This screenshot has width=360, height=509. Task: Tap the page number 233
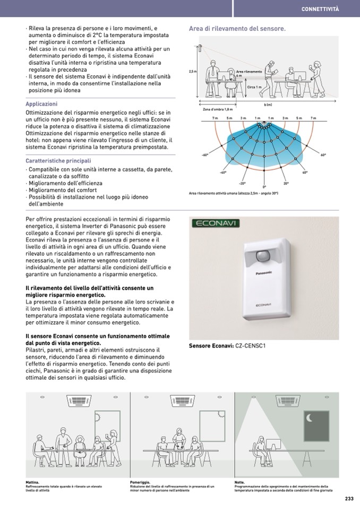pos(348,498)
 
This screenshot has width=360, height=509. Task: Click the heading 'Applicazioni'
pos(41,104)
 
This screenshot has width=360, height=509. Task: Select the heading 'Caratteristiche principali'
pos(58,160)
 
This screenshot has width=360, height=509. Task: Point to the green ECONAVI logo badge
pos(217,223)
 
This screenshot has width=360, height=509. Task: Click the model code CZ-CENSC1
pos(250,346)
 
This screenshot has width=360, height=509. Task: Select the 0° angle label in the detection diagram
pos(264,187)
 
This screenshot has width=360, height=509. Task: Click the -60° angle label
pos(205,155)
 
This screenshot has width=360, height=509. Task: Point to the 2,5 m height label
pos(192,72)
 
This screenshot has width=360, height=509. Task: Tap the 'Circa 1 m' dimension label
pos(254,87)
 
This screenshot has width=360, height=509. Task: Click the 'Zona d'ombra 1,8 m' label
pos(218,109)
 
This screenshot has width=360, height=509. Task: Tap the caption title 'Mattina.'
pos(32,482)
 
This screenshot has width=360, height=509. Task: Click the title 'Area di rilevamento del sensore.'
pos(237,29)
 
